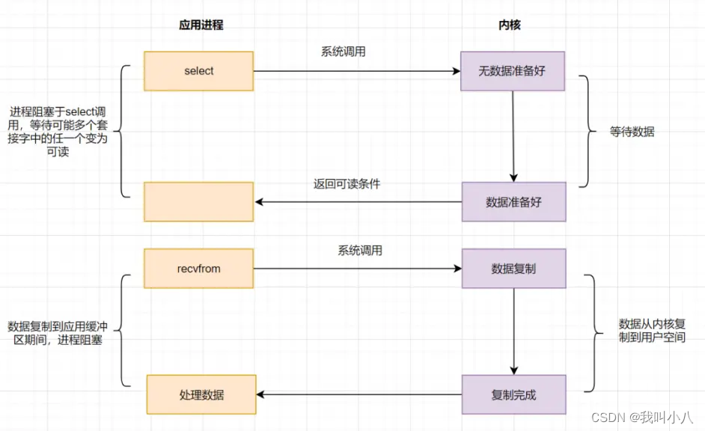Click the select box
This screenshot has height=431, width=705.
[199, 71]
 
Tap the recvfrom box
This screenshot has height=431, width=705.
[199, 269]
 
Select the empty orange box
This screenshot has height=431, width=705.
[199, 202]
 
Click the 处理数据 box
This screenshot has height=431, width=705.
[201, 394]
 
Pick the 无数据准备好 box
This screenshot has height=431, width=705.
[513, 72]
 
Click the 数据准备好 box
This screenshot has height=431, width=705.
[513, 202]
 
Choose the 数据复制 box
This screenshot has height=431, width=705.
[513, 269]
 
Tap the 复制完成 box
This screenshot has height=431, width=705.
[513, 395]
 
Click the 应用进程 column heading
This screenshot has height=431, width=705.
[201, 25]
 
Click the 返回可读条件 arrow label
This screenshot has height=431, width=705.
[347, 184]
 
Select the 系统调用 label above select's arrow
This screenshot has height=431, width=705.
[344, 52]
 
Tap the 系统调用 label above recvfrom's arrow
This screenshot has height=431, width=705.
[359, 251]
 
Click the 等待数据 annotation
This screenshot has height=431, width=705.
[632, 132]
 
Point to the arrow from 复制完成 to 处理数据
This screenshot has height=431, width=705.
[359, 395]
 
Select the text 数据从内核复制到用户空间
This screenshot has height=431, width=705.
[652, 331]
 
